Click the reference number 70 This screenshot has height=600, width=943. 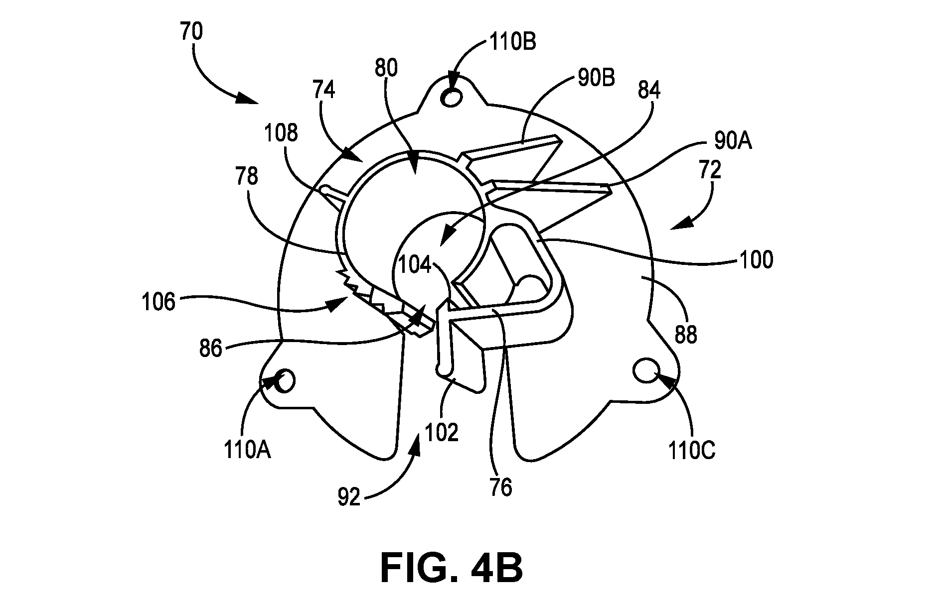pos(191,32)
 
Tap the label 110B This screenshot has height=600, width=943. pos(512,43)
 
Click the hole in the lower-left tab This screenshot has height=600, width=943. pos(287,381)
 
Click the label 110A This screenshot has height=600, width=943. pos(247,451)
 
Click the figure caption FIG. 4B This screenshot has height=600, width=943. pos(452,569)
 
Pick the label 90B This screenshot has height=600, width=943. pos(596,79)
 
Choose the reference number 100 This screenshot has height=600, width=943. pos(756,260)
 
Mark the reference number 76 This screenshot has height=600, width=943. pos(500,488)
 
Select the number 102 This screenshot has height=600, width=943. pos(441,433)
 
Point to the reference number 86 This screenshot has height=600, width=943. pos(210,349)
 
